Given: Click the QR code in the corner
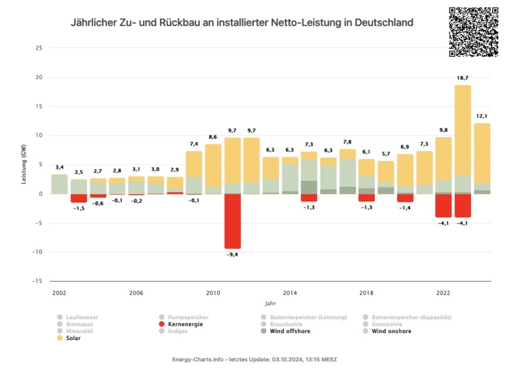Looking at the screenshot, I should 473,32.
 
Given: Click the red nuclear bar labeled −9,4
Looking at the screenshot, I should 233,221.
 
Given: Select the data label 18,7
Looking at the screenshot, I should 463,78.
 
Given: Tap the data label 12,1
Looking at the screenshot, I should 482,116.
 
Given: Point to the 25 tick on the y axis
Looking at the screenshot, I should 39,48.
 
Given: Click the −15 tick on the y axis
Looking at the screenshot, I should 38,281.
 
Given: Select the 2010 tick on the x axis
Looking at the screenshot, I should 213,293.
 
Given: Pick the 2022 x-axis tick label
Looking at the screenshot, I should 444,293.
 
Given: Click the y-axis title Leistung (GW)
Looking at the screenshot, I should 24,164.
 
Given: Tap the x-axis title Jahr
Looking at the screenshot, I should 270,303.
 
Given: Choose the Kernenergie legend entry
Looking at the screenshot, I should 185,324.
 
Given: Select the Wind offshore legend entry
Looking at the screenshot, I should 290,331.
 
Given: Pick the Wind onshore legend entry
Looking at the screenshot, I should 391,331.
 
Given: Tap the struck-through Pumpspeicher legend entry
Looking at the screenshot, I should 188,317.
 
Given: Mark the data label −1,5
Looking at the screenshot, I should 78,208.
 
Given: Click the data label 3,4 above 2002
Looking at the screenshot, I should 60,168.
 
